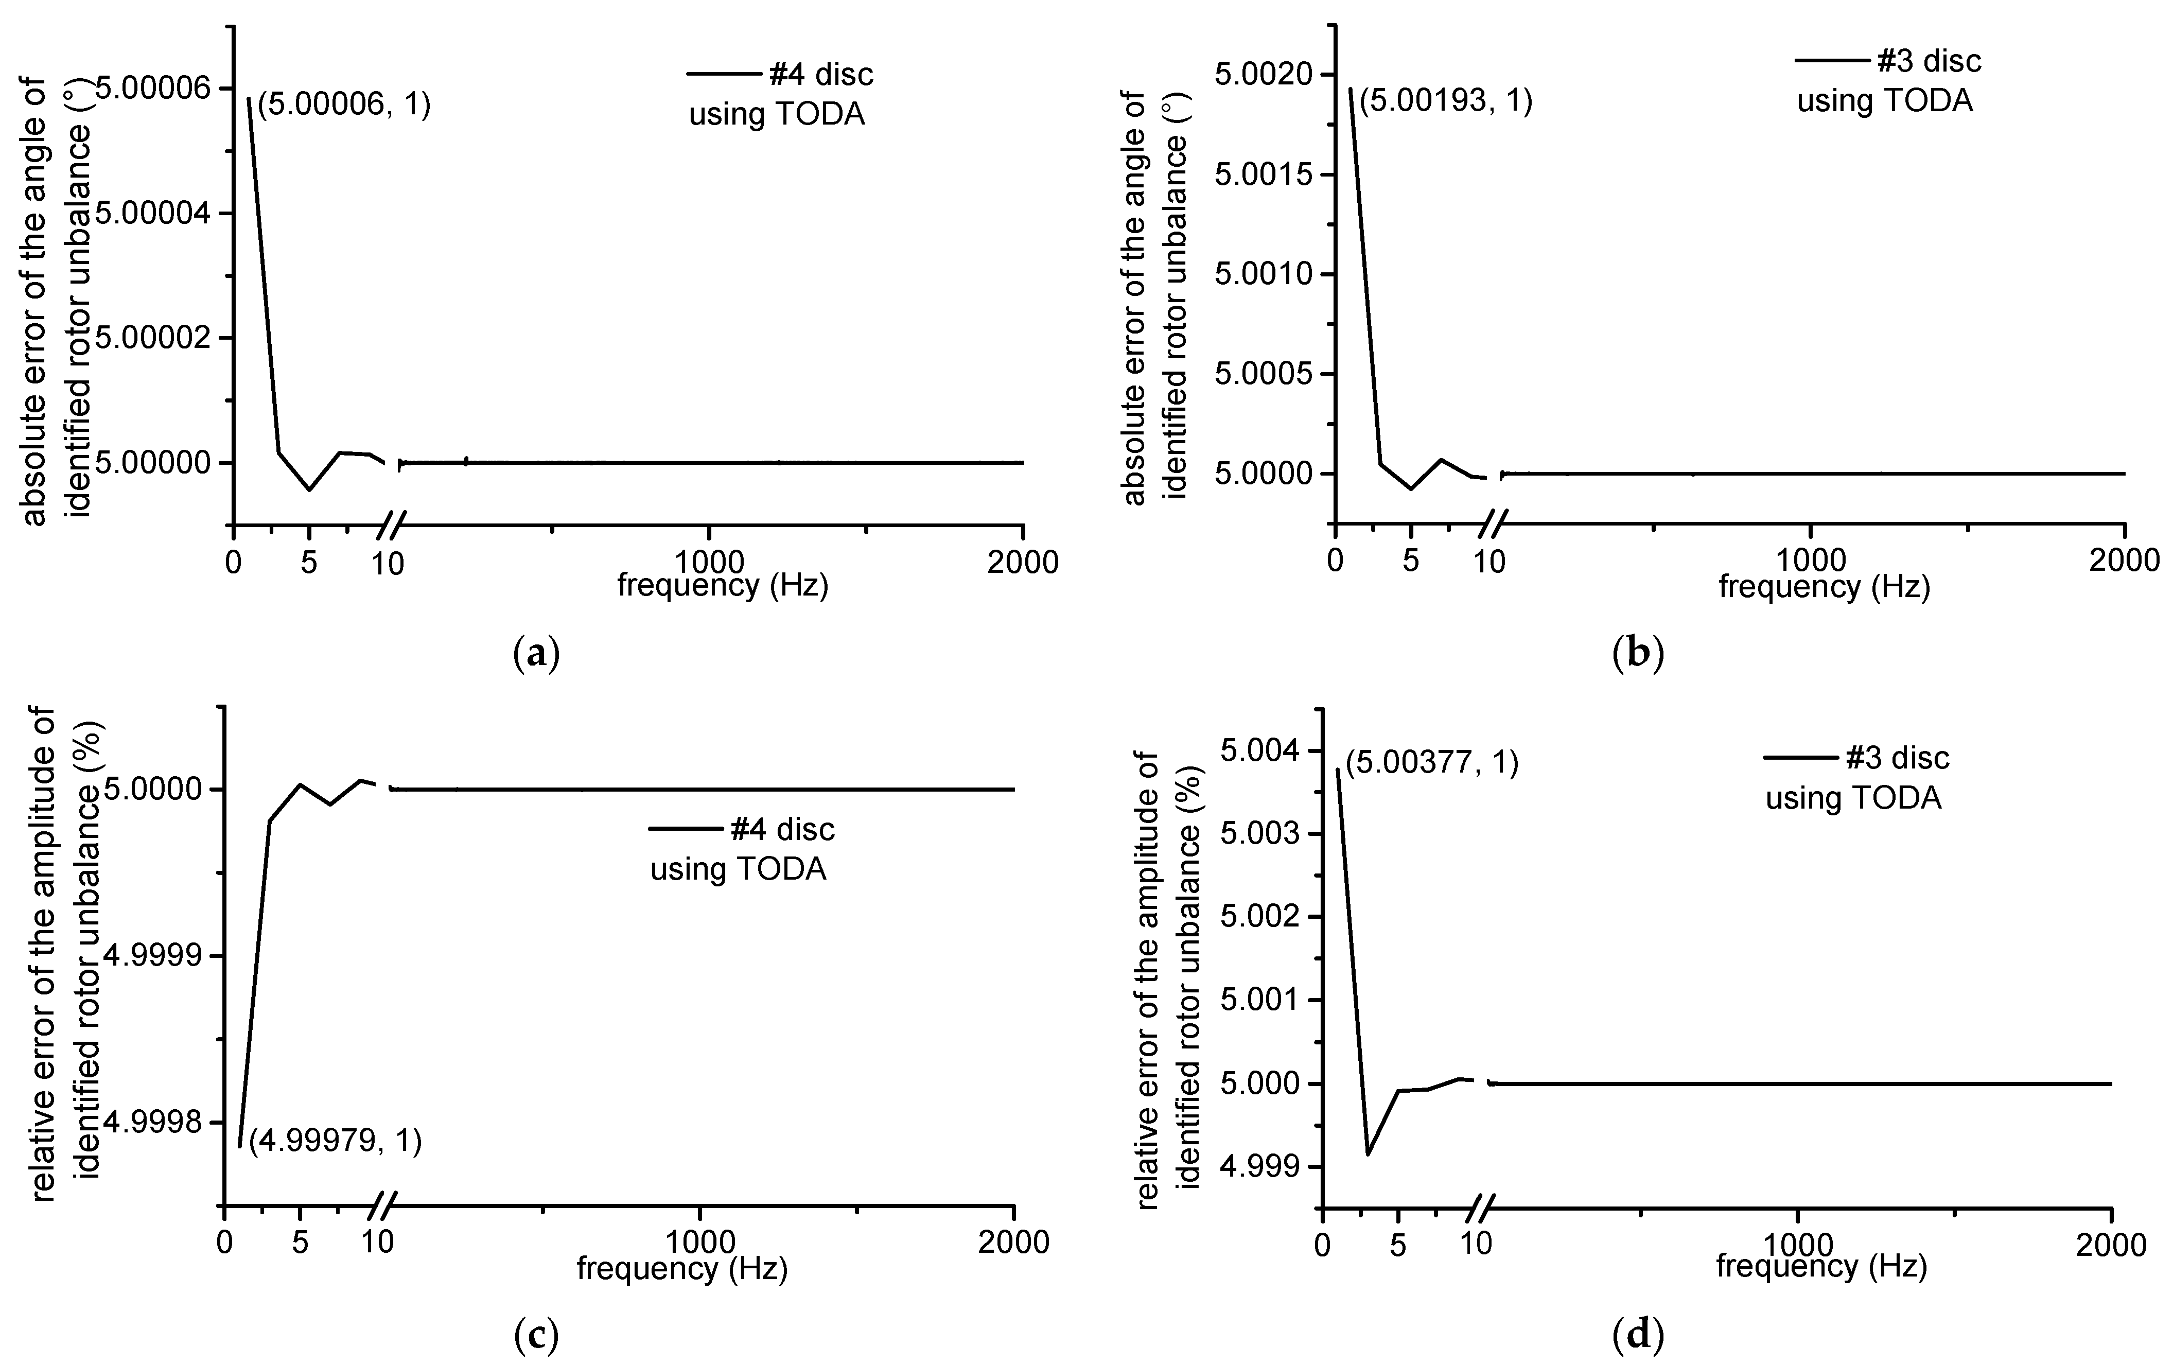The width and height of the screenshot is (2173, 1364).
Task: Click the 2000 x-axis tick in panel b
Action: pos(2124,561)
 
